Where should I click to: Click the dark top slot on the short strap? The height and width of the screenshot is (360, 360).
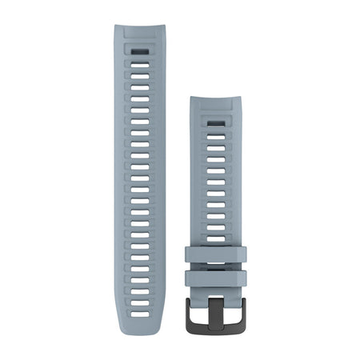tap(217, 124)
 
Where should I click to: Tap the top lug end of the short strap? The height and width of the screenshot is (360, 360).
tap(217, 102)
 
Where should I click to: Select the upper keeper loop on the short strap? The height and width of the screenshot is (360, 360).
tap(217, 255)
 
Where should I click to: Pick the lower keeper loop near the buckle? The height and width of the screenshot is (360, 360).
tap(217, 278)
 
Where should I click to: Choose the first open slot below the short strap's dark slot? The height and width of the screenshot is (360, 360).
tap(217, 136)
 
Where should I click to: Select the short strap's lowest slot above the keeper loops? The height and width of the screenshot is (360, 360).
tap(217, 238)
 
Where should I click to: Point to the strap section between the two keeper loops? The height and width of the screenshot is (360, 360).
tap(217, 267)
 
